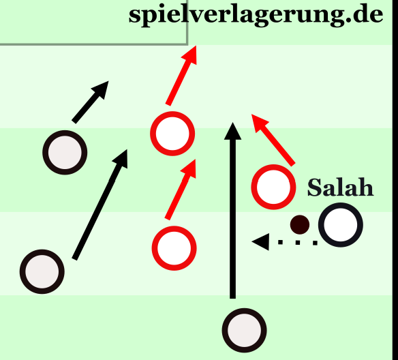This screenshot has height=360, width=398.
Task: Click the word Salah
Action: (340, 187)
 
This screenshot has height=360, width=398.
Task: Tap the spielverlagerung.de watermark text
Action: (256, 14)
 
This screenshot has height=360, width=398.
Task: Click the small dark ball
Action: (300, 225)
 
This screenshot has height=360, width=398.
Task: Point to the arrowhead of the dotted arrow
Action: (260, 241)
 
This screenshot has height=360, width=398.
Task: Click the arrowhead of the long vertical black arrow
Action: (232, 132)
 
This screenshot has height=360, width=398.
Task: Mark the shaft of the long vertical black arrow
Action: (232, 219)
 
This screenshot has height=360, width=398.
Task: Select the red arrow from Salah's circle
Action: (273, 140)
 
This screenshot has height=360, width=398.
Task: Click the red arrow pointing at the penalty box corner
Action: (181, 76)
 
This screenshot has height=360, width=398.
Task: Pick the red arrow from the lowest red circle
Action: (181, 189)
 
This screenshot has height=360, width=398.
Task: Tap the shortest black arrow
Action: (90, 102)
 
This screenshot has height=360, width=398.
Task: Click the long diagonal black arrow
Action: (99, 205)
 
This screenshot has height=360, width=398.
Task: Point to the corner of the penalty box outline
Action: (187, 44)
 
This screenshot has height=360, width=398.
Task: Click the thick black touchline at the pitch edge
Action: (395, 180)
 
